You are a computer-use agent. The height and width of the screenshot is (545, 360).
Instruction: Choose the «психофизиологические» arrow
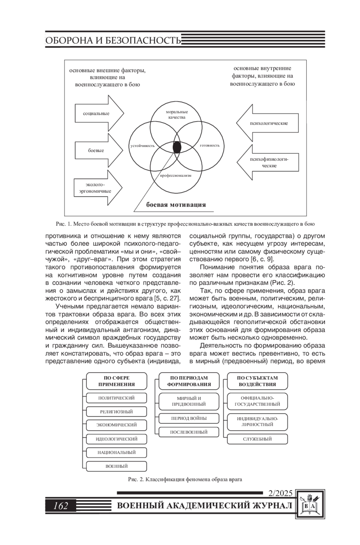[268, 162]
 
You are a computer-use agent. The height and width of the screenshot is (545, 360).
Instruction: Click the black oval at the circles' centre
[177, 147]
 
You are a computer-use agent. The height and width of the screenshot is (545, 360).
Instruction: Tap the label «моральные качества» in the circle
[177, 115]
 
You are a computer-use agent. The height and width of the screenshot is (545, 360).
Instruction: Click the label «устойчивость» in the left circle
[142, 146]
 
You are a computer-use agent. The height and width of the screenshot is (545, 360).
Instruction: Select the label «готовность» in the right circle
[210, 145]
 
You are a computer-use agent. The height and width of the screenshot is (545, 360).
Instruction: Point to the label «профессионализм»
[175, 175]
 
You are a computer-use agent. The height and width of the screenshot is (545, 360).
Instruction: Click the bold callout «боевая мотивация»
[176, 205]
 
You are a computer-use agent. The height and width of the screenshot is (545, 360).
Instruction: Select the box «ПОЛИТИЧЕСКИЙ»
[116, 398]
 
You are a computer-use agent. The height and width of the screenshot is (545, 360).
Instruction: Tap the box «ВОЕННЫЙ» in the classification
[116, 466]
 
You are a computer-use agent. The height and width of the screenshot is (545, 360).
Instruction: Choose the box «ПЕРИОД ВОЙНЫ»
[189, 418]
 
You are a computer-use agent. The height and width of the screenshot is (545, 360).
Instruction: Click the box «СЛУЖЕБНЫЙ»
[257, 439]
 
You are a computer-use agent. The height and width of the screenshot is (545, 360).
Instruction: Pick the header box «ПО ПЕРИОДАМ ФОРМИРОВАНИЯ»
[189, 381]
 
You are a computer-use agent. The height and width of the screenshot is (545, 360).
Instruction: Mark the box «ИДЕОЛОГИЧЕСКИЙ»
[116, 439]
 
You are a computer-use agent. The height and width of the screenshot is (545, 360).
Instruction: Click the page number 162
[61, 506]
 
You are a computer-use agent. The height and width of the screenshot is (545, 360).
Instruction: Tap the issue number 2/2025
[280, 493]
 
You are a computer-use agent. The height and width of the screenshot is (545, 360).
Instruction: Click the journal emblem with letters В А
[310, 505]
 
